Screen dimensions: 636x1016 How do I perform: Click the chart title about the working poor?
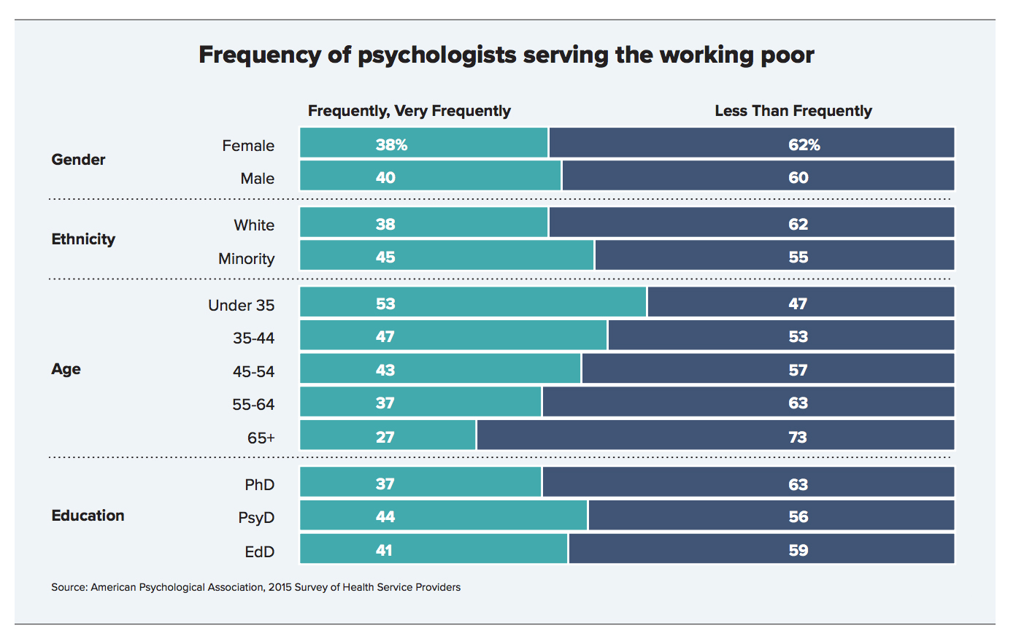tap(506, 55)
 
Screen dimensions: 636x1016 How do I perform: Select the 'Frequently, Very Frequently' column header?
tap(409, 111)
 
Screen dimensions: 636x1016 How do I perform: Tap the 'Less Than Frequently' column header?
tap(793, 111)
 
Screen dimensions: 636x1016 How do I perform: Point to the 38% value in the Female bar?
tap(391, 144)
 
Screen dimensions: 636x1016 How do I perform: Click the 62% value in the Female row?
tap(804, 144)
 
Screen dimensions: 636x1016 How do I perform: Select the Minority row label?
tap(246, 259)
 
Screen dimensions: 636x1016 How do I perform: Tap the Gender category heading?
tap(78, 160)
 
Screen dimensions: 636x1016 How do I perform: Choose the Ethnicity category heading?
tap(83, 239)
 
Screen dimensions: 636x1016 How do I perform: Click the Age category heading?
tap(66, 369)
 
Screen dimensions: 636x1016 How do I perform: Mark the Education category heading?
tap(88, 516)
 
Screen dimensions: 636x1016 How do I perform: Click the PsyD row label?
tap(256, 518)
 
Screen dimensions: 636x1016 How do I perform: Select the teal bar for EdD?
tap(434, 549)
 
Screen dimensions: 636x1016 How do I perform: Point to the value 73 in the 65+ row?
tap(797, 437)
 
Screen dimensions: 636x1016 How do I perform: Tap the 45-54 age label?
tap(253, 372)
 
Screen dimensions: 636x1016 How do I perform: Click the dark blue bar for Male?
tap(758, 177)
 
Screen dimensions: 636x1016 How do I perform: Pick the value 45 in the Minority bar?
tap(385, 257)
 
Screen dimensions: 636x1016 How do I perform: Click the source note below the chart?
tap(255, 587)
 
